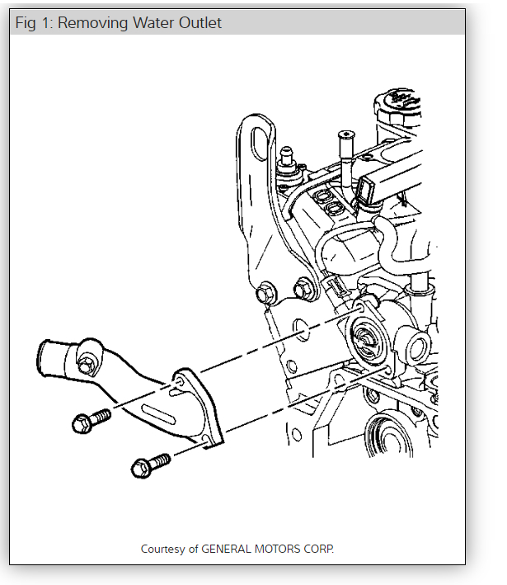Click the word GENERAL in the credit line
coord(229,548)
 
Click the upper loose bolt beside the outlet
coord(91,421)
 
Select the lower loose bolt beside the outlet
coord(150,465)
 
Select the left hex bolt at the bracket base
coord(265,292)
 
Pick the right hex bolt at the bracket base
coord(302,290)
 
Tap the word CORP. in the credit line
coord(321,548)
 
